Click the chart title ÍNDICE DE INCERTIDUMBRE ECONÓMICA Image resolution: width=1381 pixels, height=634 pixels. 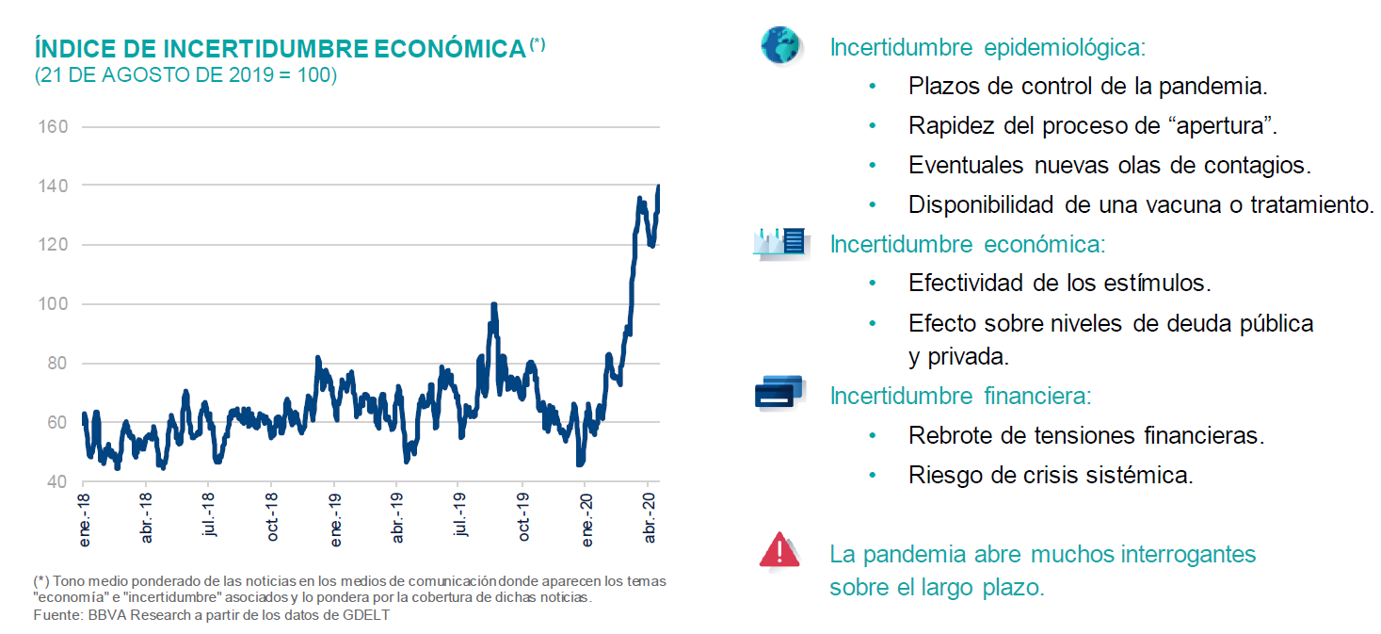(280, 49)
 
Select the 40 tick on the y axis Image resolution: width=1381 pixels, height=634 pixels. (56, 481)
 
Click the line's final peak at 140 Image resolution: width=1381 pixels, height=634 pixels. (658, 187)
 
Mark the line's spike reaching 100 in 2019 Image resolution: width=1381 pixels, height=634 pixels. (493, 305)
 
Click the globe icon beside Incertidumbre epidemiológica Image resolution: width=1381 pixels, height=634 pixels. (779, 45)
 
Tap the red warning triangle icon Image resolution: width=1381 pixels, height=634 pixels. (779, 550)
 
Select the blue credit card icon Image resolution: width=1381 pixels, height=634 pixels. (779, 391)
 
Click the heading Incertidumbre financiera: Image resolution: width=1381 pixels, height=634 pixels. (960, 396)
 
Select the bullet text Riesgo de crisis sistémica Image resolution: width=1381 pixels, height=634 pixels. (1051, 475)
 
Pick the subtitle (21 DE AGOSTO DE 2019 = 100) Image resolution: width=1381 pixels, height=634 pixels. (185, 75)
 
